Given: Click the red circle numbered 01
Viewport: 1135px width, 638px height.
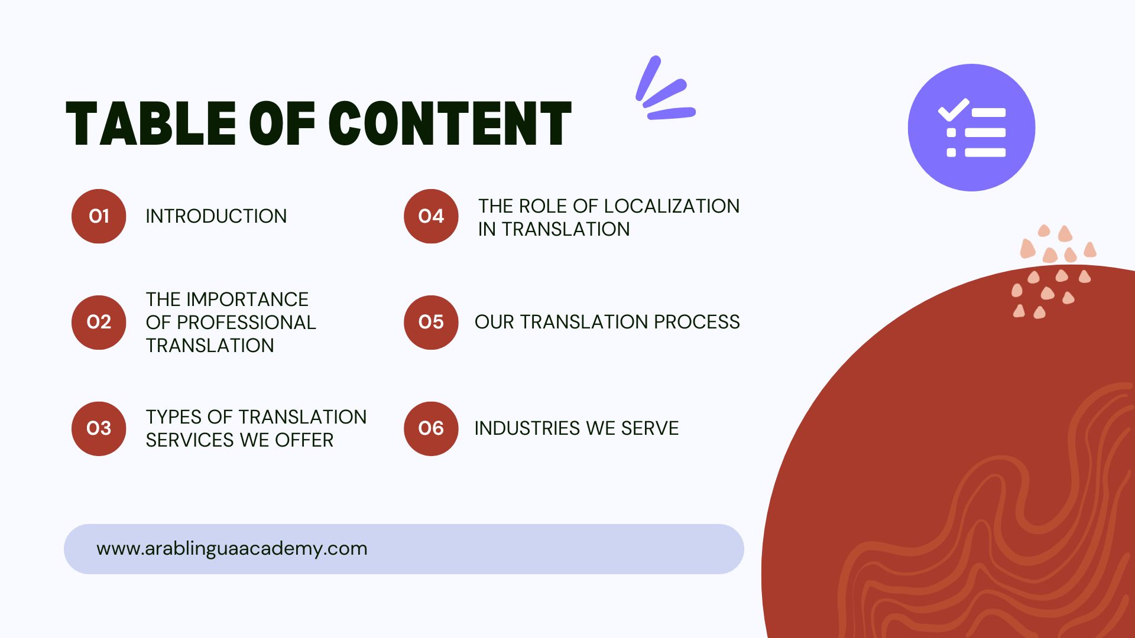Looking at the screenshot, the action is (x=99, y=216).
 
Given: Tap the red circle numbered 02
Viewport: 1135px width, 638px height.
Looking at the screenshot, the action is (x=99, y=322).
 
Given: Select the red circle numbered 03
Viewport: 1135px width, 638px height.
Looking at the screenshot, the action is (x=99, y=428).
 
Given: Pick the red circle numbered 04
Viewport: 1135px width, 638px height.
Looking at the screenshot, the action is (x=431, y=216).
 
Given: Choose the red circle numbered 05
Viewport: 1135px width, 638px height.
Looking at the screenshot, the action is (x=431, y=322).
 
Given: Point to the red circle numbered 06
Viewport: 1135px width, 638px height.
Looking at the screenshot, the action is (x=431, y=428).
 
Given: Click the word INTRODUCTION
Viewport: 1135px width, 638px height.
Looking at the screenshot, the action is (x=216, y=216).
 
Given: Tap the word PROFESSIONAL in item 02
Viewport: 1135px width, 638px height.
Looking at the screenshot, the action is (x=247, y=323).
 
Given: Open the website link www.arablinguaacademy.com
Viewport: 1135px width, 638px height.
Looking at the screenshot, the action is (x=232, y=548).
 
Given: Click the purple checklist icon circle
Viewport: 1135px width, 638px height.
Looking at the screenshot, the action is (x=971, y=128).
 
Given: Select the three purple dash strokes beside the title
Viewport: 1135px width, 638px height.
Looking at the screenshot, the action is (x=665, y=89).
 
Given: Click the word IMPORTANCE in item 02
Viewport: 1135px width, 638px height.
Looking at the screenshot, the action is (x=247, y=300).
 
